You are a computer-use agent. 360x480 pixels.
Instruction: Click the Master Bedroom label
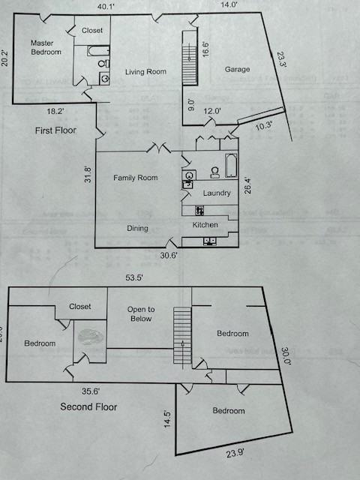(x=46, y=47)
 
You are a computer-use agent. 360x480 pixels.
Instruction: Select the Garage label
(x=237, y=70)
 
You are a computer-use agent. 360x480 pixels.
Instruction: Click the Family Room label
(x=135, y=178)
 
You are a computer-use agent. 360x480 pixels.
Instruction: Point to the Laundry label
(x=217, y=193)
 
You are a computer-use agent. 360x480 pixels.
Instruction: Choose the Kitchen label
(x=205, y=225)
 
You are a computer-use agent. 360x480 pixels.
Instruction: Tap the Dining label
(x=136, y=228)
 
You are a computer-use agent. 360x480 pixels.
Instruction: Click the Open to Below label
(x=140, y=313)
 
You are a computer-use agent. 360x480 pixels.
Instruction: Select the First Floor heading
(x=55, y=130)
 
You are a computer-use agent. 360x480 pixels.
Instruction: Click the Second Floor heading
(x=88, y=407)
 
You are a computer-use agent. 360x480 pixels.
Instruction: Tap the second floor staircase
(x=182, y=335)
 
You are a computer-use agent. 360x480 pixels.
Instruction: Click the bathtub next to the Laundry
(x=232, y=165)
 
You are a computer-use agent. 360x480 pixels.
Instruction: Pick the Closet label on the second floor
(x=80, y=306)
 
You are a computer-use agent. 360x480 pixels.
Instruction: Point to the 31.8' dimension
(x=88, y=174)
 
